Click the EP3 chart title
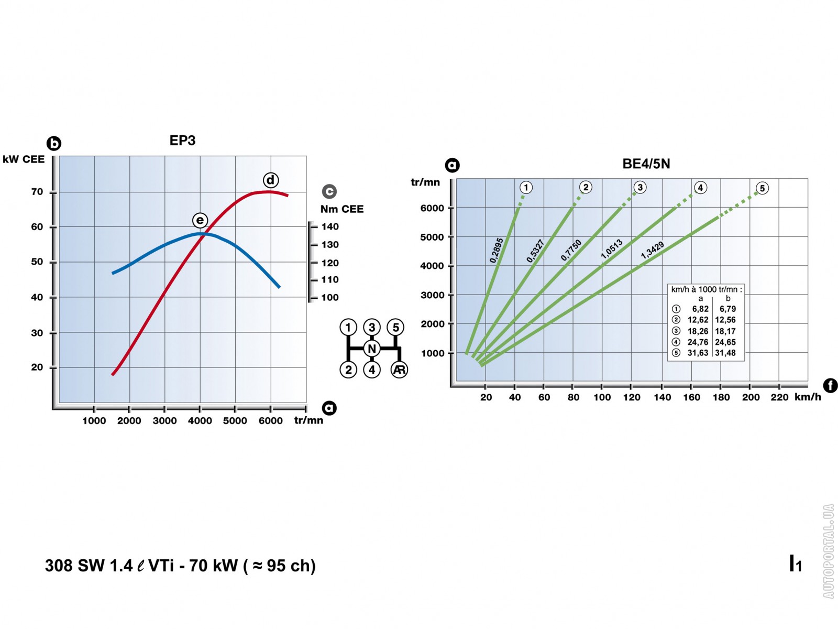tap(182, 140)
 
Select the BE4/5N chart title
tap(646, 164)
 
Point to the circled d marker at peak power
tap(270, 180)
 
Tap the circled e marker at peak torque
tap(200, 220)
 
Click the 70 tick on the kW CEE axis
tap(37, 192)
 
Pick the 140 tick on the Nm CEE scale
tap(330, 227)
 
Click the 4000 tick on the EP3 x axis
tap(200, 420)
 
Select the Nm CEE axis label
tap(341, 209)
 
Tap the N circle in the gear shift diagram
tap(372, 349)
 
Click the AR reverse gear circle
tap(399, 370)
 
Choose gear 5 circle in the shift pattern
tap(395, 328)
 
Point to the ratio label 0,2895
tap(497, 251)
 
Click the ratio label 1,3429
tap(653, 251)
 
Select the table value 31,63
tap(698, 353)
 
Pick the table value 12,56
tap(725, 320)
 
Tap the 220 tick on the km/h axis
tap(779, 397)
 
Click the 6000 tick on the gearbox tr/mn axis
tap(432, 208)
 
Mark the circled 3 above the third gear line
tap(639, 188)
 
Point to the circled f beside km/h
tap(830, 386)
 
